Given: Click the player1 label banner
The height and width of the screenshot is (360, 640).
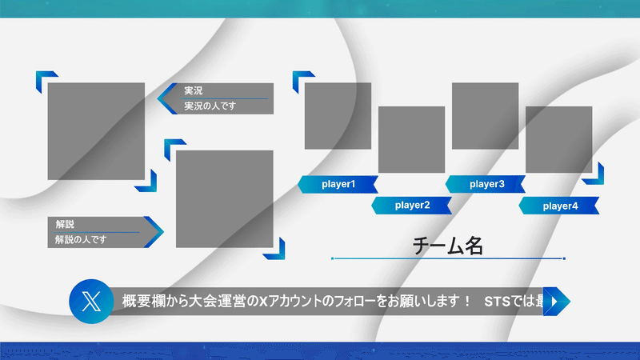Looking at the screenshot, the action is (x=338, y=185).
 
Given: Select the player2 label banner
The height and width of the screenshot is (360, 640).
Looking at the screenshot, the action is (x=411, y=206).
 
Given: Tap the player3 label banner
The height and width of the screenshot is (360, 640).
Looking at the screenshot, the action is (x=486, y=185).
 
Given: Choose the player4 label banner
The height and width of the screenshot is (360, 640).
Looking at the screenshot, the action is (x=559, y=206).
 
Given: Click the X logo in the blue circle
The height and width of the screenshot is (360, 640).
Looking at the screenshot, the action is (x=91, y=302).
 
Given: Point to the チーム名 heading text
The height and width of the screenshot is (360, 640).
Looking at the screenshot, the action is (x=448, y=246).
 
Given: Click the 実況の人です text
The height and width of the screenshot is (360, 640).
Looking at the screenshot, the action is (x=210, y=106).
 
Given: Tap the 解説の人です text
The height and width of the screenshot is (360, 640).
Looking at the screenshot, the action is (x=81, y=239).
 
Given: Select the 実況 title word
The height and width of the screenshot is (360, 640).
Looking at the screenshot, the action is (x=193, y=90).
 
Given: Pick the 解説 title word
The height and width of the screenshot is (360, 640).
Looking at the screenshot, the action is (x=65, y=224).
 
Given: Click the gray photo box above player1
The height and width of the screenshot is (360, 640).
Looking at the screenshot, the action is (x=338, y=116).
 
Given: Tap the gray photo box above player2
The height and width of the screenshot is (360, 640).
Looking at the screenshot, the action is (x=411, y=139).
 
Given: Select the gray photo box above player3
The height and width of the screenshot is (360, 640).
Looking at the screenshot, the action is (x=486, y=116).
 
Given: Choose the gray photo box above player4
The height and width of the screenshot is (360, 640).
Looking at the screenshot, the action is (x=558, y=139).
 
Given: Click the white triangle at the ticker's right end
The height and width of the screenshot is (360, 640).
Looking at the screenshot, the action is (x=554, y=302).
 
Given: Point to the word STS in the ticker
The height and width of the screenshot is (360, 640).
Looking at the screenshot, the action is (x=497, y=302).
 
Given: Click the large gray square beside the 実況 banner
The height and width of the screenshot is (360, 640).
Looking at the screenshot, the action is (x=96, y=131).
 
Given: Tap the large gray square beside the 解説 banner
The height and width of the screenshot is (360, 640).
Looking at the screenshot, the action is (x=225, y=199).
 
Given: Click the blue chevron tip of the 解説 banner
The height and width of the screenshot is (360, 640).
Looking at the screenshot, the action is (x=163, y=232).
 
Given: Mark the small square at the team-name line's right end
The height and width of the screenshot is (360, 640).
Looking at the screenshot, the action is (x=564, y=258).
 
